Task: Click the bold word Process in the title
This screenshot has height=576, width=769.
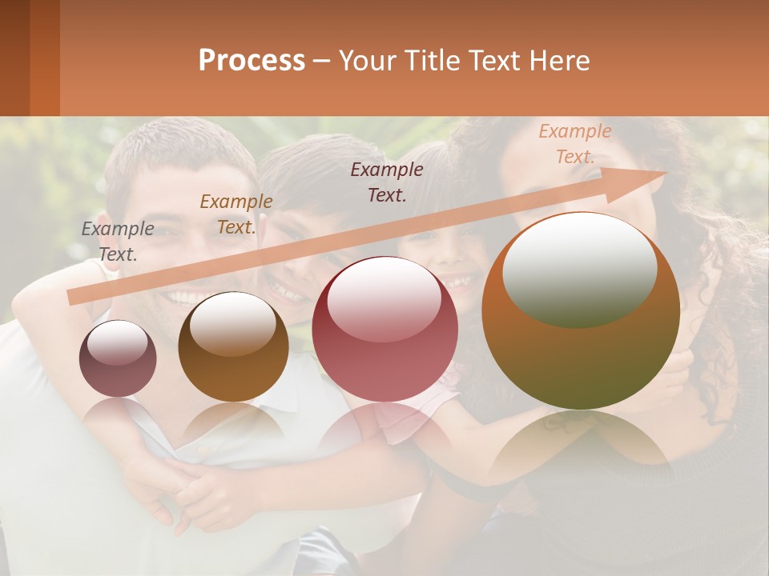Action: [x=252, y=60]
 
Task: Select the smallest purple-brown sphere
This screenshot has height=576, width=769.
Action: [x=118, y=358]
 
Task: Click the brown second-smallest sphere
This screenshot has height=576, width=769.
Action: [x=233, y=346]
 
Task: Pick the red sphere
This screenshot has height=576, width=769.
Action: [x=384, y=330]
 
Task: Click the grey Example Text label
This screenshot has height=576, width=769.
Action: [x=118, y=241]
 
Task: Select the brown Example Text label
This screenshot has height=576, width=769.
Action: [x=236, y=214]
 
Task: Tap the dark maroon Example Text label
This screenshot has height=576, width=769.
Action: [x=387, y=182]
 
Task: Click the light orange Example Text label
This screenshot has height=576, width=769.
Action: [x=574, y=143]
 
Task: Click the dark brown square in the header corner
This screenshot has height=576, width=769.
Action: [x=14, y=58]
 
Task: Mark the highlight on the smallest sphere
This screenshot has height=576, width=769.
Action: [x=118, y=342]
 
